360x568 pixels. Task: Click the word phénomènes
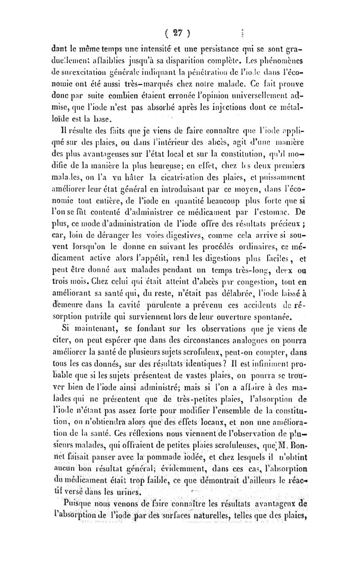coord(322,59)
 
